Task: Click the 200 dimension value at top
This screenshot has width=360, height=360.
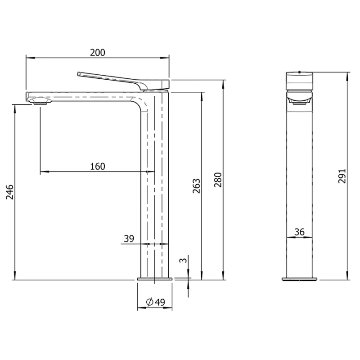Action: pos(98,53)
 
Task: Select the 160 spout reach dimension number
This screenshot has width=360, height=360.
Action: pos(98,166)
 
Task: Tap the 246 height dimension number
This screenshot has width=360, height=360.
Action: pos(10,192)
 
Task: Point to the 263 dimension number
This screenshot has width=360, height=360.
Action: pos(196,186)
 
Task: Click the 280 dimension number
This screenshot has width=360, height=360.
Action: pos(218,180)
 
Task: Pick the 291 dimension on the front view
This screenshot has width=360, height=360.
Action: pos(342,176)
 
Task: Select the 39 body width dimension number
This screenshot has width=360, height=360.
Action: pos(129,238)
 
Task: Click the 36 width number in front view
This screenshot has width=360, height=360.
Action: pos(299,232)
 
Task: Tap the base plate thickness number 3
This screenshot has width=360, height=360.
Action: pos(184,261)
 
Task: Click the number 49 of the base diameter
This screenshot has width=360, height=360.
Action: pos(160,302)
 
